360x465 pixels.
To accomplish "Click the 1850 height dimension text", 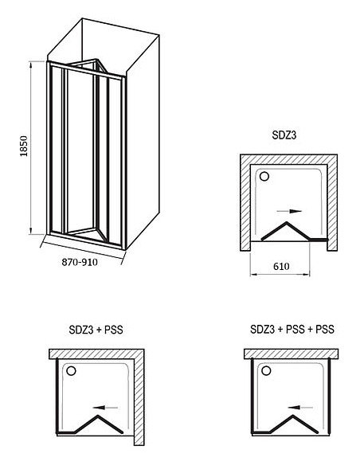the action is pos(24,147).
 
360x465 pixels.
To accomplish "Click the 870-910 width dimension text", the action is pos(80,262).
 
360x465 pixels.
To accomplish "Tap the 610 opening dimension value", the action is pos(281,266).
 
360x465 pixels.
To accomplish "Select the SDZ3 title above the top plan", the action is pos(284,135).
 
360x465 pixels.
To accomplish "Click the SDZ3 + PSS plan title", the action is pos(96,330).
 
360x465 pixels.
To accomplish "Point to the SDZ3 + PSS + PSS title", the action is pos(292,329).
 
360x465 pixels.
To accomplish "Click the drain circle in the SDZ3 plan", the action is pos(264,177).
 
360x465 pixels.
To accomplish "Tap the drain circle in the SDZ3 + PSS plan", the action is pos(71,371).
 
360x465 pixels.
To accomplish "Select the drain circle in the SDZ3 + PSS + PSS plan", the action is pos(266,371).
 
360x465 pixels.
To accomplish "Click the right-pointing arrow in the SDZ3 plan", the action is pos(289,211).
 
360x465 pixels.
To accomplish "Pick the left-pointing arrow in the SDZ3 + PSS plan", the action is pos(105,408).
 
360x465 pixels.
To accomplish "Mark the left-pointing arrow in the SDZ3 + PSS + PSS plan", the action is pos(300,408).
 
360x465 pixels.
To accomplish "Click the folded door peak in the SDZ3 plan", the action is pos(287,222).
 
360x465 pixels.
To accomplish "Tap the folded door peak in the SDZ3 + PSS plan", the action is pos(97,416).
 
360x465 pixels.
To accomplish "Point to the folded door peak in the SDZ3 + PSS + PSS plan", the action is pos(292,416).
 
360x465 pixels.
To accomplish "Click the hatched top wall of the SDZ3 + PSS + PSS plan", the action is pos(291,354).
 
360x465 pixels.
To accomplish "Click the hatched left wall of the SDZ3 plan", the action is pos(245,208).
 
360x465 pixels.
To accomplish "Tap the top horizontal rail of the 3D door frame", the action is pos(85,71).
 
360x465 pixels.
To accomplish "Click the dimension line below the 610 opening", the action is pos(280,275).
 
